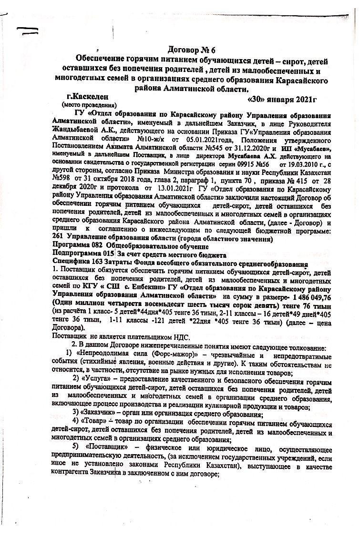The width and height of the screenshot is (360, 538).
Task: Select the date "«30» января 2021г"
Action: (283, 100)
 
